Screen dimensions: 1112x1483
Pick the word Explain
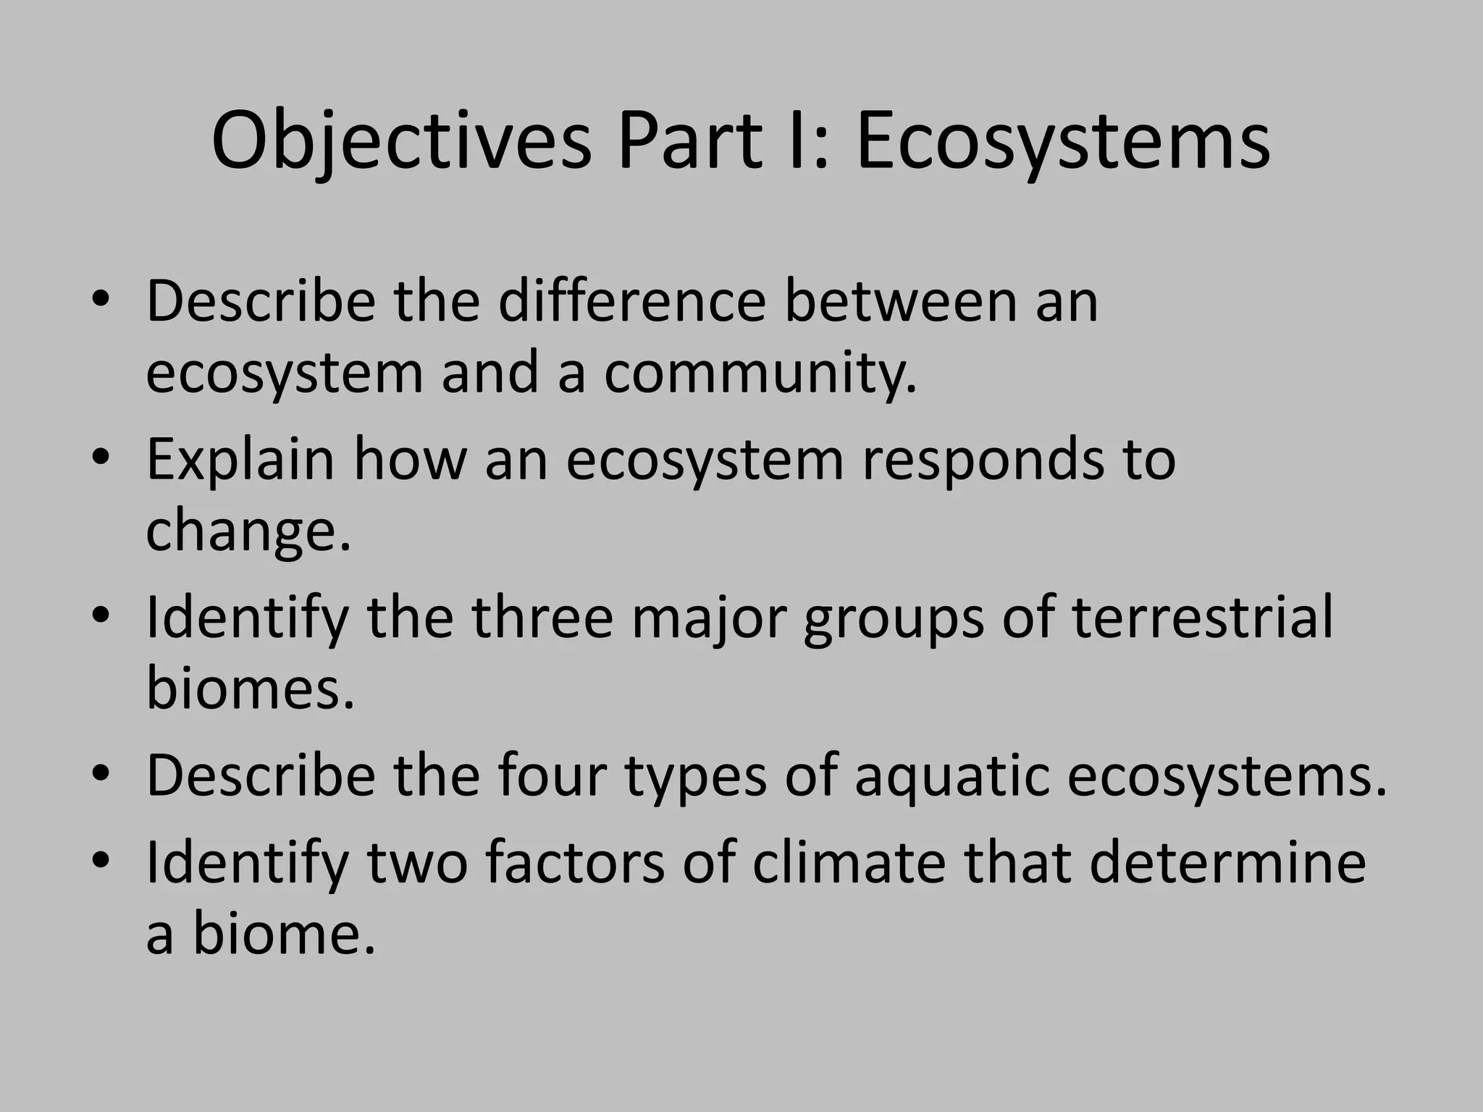click(x=240, y=461)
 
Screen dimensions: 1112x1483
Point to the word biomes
click(x=250, y=687)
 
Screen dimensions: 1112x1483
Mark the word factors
click(x=574, y=862)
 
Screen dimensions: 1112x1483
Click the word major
click(x=708, y=620)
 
